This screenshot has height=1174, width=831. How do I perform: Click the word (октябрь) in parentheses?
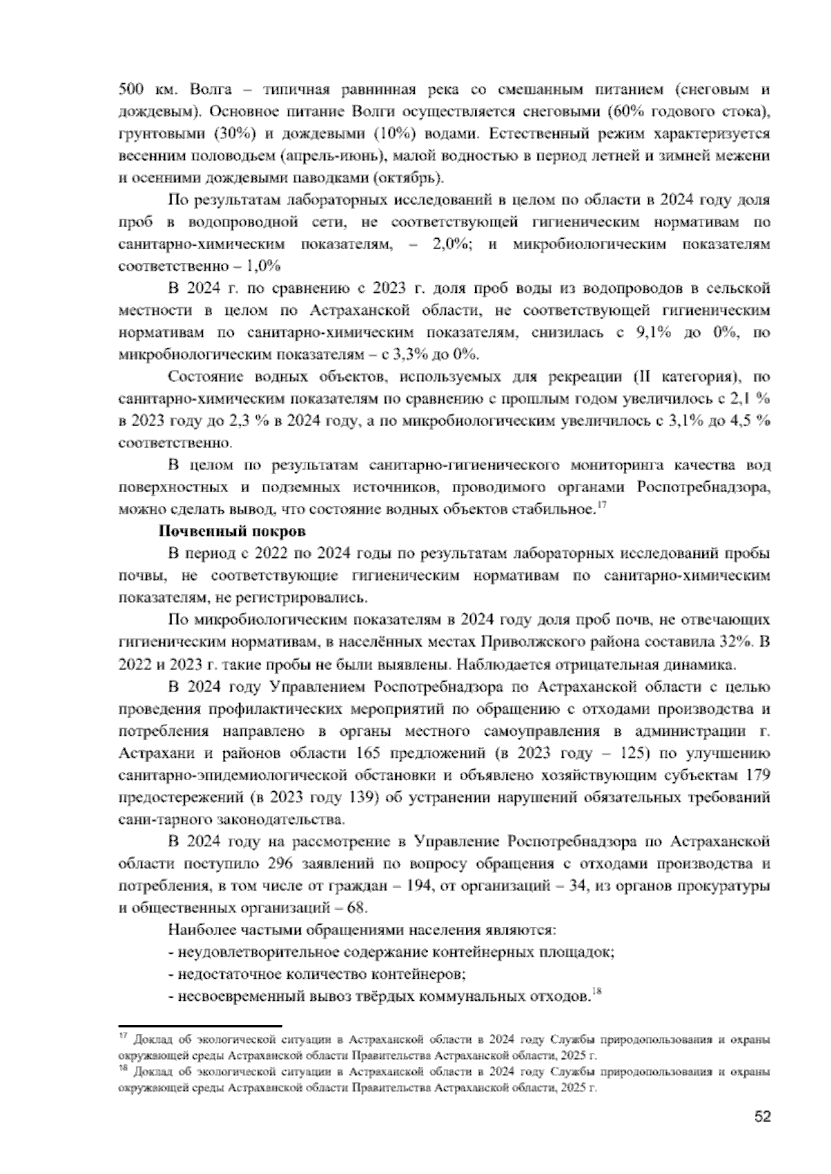(x=407, y=177)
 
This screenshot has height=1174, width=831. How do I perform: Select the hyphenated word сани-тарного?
(x=161, y=820)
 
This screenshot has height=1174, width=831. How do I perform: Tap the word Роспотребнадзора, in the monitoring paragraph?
(x=700, y=487)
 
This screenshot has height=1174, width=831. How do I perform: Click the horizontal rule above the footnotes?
(x=200, y=1026)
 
